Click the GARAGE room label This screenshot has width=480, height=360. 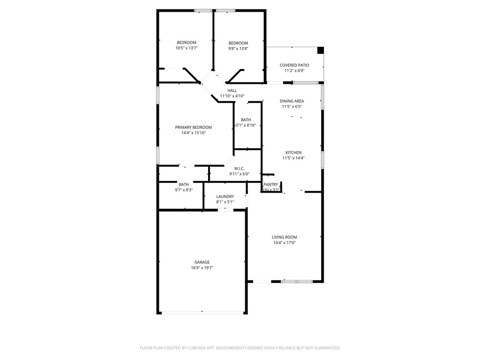(x=202, y=262)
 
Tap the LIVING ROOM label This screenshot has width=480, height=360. (x=284, y=237)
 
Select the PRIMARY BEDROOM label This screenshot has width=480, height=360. (x=193, y=127)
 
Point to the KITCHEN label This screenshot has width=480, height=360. (x=293, y=152)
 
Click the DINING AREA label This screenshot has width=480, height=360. (x=292, y=101)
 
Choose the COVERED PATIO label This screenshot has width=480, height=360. (x=294, y=65)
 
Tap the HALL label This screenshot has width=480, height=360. (x=232, y=90)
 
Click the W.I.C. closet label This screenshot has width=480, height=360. (x=239, y=168)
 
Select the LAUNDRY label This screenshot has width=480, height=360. (x=225, y=196)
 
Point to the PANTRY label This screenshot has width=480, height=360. (x=271, y=185)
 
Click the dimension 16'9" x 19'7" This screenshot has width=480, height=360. (x=202, y=268)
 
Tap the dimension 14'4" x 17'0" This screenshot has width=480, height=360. (x=284, y=243)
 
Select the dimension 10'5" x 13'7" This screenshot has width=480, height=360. (x=186, y=48)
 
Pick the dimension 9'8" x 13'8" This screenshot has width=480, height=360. (x=238, y=48)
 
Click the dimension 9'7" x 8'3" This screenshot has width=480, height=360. (x=184, y=190)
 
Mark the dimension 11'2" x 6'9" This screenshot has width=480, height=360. (x=294, y=71)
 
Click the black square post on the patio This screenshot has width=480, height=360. (x=321, y=50)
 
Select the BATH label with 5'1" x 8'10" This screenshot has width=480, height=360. (x=246, y=120)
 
